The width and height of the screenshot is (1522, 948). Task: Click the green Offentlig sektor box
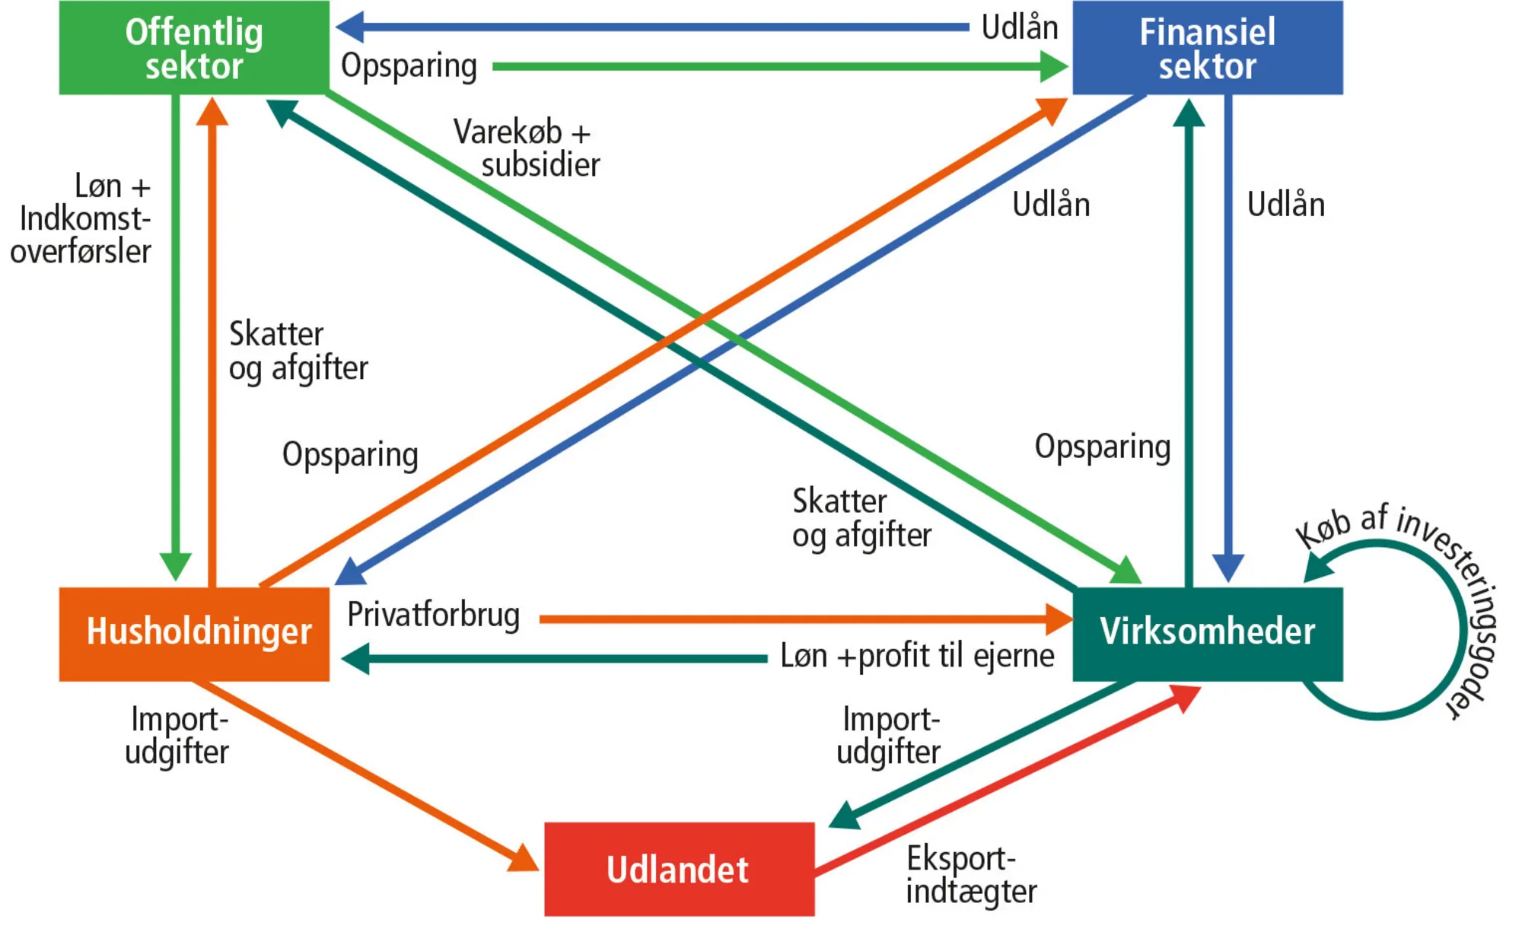pos(194,48)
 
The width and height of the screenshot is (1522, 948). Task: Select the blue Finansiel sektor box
pos(1207,48)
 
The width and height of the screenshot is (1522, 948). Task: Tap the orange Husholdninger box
pos(194,633)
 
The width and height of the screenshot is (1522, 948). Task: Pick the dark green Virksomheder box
pos(1207,633)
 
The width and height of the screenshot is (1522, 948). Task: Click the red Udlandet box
pos(679,869)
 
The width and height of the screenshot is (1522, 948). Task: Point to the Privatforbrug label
pos(433,615)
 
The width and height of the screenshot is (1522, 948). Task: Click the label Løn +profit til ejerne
pos(917,656)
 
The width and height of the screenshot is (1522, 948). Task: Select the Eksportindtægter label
pos(970,875)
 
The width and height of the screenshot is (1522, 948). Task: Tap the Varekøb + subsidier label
pos(527,148)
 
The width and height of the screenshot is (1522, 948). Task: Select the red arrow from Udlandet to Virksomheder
pos(1005,780)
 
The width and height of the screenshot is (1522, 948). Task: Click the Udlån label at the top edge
pos(1020,27)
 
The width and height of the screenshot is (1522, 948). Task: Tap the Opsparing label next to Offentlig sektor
pos(409,66)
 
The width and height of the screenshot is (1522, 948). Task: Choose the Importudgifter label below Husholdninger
pos(177,736)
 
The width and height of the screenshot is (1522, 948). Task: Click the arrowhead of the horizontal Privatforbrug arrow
pos(1059,619)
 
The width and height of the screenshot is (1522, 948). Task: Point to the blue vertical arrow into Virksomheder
pos(1227,342)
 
